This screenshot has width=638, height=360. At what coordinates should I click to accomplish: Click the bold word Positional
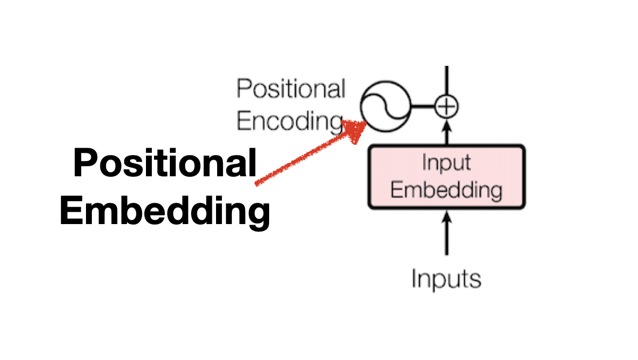[165, 164]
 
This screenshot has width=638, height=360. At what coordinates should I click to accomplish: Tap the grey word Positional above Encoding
[290, 89]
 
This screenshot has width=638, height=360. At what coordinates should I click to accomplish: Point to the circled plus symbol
[446, 107]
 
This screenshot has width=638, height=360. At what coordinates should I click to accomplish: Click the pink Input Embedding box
[446, 176]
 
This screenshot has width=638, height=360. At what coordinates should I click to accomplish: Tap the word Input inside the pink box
[446, 162]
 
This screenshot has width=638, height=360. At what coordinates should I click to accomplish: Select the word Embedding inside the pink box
[446, 190]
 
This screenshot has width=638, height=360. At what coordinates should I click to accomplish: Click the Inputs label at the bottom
[446, 278]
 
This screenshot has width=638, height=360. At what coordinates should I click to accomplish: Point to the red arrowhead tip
[365, 123]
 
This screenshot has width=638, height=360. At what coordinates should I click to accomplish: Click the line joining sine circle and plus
[423, 107]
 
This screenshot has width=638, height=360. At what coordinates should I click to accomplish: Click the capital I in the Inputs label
[415, 278]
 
